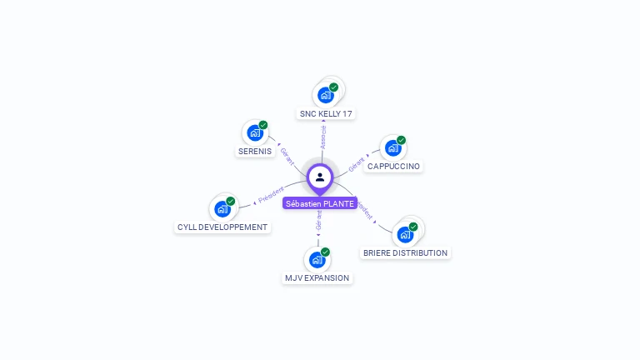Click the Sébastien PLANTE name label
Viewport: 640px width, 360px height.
(320, 203)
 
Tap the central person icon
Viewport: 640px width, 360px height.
(320, 177)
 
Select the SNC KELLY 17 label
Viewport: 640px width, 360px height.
(327, 113)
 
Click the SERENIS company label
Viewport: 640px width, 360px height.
(255, 152)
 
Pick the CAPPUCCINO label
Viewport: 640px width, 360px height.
(393, 167)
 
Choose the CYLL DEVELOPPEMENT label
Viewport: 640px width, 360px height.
(222, 227)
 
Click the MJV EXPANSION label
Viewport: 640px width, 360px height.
(317, 277)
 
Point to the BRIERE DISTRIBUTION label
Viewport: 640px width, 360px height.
(405, 252)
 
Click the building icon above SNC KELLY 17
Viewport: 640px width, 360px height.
(325, 95)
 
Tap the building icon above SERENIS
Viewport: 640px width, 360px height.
(254, 133)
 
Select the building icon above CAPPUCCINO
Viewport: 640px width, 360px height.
(392, 148)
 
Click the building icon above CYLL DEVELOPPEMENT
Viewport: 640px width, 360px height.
(222, 208)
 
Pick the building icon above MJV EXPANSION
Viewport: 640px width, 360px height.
(317, 259)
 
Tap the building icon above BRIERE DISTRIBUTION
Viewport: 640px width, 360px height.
(405, 234)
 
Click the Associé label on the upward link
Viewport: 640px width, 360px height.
(323, 137)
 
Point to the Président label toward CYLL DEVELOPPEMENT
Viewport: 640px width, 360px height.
(271, 195)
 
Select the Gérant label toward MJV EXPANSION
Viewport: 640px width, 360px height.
(318, 221)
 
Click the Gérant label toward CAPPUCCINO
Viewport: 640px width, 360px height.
(357, 163)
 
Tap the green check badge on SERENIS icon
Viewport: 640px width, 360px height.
(263, 125)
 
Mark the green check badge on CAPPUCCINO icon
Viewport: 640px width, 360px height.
(401, 140)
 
